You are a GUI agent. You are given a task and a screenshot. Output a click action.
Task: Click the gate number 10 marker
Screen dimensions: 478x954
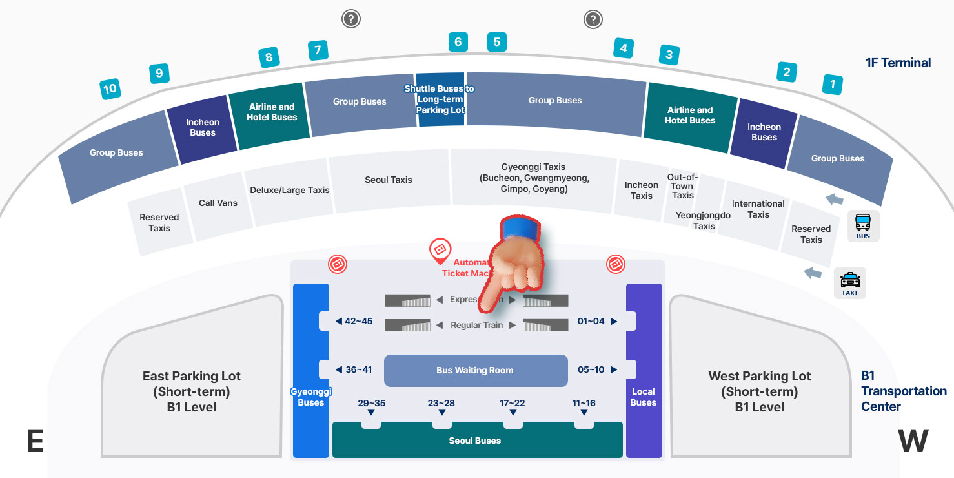[x=110, y=88]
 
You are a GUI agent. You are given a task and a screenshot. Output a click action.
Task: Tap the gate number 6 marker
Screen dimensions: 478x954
[x=458, y=42]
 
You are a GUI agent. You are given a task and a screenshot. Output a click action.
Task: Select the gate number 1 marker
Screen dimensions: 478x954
[x=833, y=84]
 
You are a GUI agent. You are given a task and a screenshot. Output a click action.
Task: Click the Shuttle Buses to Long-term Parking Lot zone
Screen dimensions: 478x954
[x=440, y=99]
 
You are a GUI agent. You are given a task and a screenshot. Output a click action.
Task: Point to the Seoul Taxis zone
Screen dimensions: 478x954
[x=388, y=180]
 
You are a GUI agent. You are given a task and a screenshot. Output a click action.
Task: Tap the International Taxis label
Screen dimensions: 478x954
[x=758, y=209]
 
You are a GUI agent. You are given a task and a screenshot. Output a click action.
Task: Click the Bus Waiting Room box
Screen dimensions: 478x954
[x=476, y=370]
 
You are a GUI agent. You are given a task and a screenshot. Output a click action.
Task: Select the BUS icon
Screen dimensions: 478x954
[x=863, y=226]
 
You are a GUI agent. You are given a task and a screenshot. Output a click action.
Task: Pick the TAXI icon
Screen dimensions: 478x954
[x=849, y=283]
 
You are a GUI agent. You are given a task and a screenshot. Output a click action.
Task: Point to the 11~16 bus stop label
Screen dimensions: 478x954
[x=584, y=404]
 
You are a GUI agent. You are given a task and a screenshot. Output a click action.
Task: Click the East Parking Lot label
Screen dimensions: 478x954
[x=192, y=391]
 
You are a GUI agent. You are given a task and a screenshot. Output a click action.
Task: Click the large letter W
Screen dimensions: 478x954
[x=913, y=441]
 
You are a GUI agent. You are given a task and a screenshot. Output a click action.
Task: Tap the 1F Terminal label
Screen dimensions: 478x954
[x=898, y=63]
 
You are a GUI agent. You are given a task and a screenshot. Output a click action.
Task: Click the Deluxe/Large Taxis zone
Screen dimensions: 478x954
[x=290, y=190]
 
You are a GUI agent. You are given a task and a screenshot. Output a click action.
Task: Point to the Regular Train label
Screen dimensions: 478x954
[x=476, y=325]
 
